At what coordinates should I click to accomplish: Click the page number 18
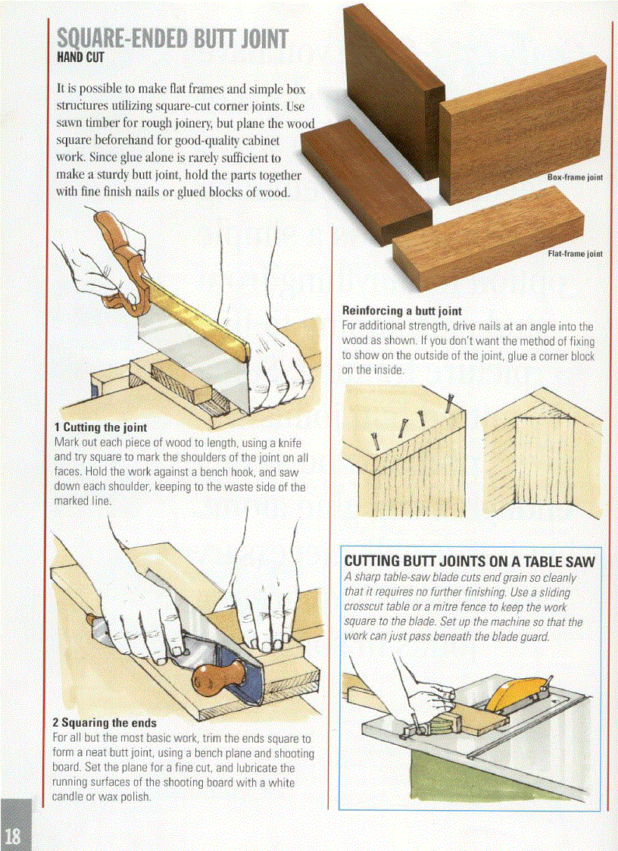(x=13, y=837)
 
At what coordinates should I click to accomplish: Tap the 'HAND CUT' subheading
(x=80, y=58)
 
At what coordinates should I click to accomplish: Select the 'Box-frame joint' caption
(x=575, y=177)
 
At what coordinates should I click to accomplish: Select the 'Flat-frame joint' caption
(x=575, y=254)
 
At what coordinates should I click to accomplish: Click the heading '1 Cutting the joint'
(x=101, y=428)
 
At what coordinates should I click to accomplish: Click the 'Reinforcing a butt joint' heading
(x=401, y=311)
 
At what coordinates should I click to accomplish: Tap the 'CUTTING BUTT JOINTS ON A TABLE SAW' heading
(x=470, y=562)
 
